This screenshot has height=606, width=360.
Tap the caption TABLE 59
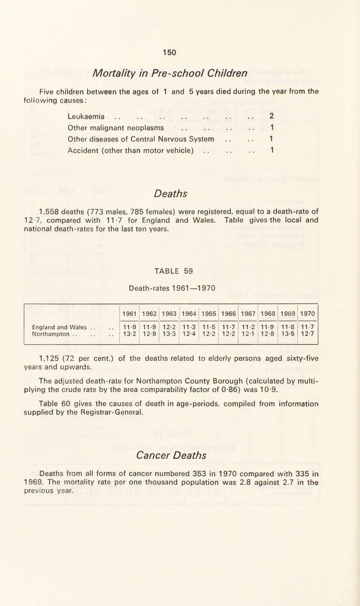point(180,271)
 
